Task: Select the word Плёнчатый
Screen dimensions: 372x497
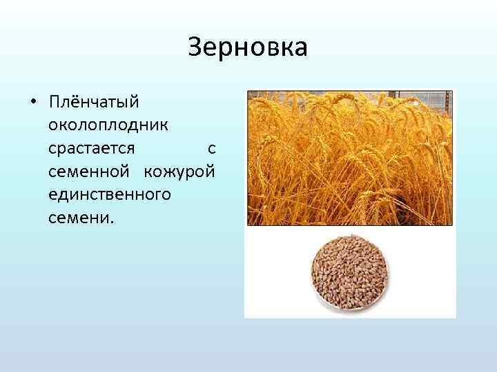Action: point(94,102)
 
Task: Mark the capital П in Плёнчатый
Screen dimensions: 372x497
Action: point(55,101)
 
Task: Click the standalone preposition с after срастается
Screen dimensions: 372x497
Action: point(211,149)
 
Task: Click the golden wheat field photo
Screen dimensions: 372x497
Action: point(349,158)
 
